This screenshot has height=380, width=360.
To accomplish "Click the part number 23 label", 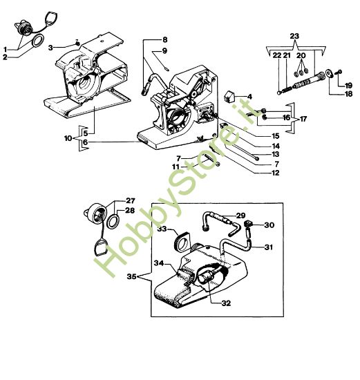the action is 294,36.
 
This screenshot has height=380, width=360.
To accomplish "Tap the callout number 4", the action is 249,97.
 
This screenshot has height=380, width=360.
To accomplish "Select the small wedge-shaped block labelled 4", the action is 229,96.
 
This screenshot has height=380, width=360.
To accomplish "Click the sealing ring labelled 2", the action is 38,41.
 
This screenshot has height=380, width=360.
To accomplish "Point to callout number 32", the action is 226,303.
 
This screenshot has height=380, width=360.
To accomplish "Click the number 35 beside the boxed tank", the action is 132,276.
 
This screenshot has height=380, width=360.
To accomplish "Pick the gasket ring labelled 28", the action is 113,221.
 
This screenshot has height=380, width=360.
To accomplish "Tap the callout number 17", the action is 303,119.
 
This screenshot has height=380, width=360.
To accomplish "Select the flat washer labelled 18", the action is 329,73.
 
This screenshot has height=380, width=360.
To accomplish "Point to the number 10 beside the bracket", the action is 68,138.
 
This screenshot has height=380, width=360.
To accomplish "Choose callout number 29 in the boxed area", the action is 240,216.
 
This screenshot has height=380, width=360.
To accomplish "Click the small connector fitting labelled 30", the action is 248,224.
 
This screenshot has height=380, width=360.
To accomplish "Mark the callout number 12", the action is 275,173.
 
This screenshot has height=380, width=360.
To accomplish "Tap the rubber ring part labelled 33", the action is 181,242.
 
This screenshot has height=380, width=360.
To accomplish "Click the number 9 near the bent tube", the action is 164,51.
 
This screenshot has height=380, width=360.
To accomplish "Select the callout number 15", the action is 275,136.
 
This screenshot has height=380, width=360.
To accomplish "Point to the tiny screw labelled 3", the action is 77,44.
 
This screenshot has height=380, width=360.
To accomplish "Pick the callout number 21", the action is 287,55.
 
